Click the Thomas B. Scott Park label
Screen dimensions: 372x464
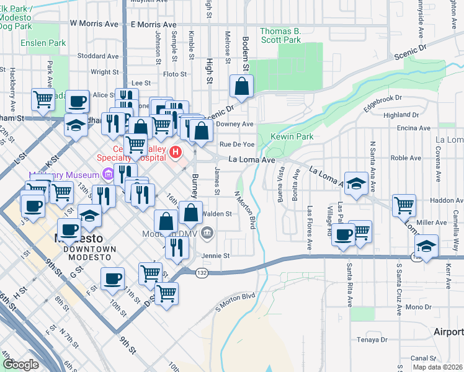pos(280,35)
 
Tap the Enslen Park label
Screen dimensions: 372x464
pos(43,43)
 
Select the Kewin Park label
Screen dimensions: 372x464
pos(292,136)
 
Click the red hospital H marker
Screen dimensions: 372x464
pos(176,151)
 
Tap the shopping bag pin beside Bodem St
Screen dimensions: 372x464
pos(241,87)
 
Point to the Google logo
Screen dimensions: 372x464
pos(20,365)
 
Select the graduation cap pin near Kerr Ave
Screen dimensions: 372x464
pos(426,246)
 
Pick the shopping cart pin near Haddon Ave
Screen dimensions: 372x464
pos(404,205)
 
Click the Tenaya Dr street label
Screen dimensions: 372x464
pos(372,340)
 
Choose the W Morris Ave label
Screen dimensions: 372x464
pos(94,24)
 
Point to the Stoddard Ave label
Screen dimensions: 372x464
pos(99,56)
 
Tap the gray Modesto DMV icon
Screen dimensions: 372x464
pos(208,234)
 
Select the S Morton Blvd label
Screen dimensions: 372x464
pos(235,302)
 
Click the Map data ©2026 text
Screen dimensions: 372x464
pos(438,367)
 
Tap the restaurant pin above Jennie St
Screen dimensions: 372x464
pos(176,247)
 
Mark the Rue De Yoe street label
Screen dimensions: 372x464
pos(238,144)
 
